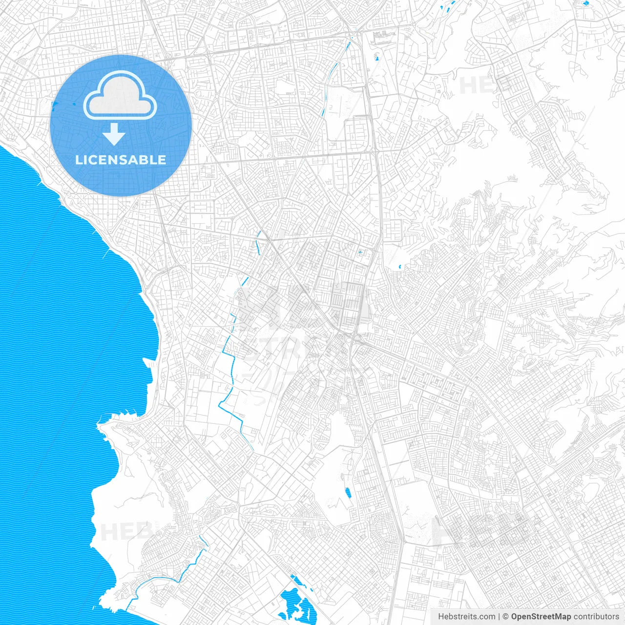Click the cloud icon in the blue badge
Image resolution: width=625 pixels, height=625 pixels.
tap(120, 96)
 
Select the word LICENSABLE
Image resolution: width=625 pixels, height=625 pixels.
tap(121, 160)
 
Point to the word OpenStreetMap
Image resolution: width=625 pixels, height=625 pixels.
tap(541, 617)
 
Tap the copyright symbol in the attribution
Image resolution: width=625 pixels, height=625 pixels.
tap(506, 617)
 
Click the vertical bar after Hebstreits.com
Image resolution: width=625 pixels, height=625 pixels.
tap(499, 617)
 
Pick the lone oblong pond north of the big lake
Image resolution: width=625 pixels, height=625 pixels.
tap(348, 492)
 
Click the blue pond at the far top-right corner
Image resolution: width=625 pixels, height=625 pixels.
tap(586, 3)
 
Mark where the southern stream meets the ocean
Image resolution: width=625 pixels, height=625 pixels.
tap(128, 607)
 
